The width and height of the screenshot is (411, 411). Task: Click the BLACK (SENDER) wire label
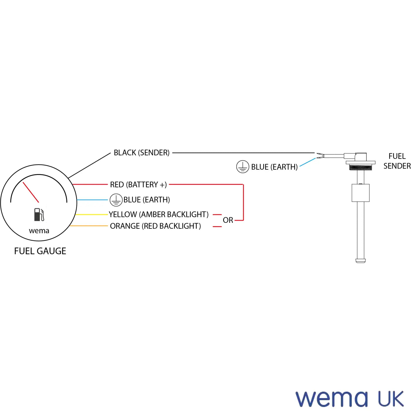[x=142, y=153]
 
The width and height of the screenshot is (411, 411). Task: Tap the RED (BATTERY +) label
[x=138, y=184]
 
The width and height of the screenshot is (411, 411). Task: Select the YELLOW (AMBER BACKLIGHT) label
[x=159, y=214]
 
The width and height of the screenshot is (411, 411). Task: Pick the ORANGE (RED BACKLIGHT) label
[x=155, y=226]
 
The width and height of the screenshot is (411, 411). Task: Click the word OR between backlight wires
[x=228, y=220]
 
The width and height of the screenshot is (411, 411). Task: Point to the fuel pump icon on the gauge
[x=39, y=215]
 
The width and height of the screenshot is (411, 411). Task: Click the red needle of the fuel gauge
[x=31, y=192]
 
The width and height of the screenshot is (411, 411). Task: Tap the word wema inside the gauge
[x=39, y=231]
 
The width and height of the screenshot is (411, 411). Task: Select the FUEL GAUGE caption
[x=40, y=251]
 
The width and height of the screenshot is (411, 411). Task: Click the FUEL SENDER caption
[x=397, y=161]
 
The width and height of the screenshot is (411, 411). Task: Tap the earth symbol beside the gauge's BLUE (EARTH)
[x=116, y=200]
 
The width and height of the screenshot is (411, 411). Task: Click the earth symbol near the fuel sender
[x=242, y=166]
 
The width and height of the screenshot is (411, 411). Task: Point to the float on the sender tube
[x=361, y=193]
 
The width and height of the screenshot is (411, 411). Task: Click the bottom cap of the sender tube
[x=361, y=261]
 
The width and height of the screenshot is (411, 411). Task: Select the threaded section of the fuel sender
[x=361, y=167]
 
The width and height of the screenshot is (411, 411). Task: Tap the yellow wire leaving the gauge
[x=92, y=214]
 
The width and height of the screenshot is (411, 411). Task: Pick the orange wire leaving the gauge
[x=89, y=226]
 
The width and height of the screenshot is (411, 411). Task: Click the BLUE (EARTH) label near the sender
[x=274, y=167]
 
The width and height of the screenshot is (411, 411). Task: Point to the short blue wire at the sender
[x=308, y=162]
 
